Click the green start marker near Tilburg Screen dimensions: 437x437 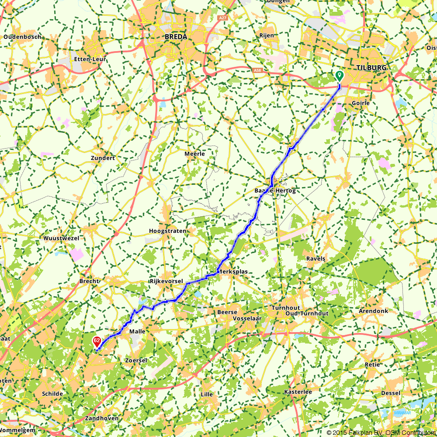(x=339, y=76)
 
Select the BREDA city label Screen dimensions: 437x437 (x=176, y=37)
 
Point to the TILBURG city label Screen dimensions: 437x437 (x=371, y=68)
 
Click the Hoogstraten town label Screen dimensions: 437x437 (x=167, y=231)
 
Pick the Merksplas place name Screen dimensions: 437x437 (x=233, y=271)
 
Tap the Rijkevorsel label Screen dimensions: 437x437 (x=166, y=281)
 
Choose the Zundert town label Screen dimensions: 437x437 (x=103, y=158)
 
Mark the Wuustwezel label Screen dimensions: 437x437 (x=62, y=238)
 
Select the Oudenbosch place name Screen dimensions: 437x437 (x=22, y=37)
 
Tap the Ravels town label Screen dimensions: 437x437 (x=316, y=259)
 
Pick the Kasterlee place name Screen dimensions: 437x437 (x=298, y=392)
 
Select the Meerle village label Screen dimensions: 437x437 (x=194, y=154)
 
